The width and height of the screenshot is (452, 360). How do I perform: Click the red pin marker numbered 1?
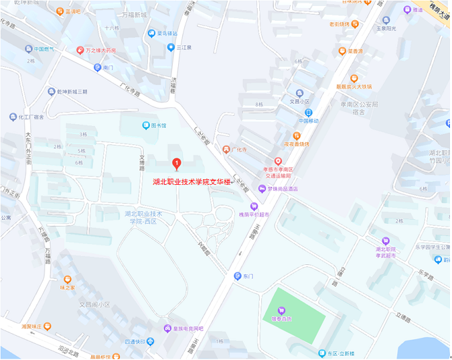(177, 163)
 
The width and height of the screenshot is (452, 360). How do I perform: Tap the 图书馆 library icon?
(146, 125)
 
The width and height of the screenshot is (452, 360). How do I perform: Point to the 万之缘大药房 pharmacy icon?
(80, 51)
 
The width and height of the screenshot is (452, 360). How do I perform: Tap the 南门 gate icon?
(97, 67)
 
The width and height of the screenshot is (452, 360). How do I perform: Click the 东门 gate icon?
(237, 276)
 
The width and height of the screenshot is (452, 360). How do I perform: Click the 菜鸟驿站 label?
(167, 33)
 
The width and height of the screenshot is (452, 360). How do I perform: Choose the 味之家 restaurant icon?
(67, 279)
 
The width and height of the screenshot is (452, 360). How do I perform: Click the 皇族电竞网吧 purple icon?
(167, 328)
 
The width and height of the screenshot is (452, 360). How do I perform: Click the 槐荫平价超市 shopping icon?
(254, 206)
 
